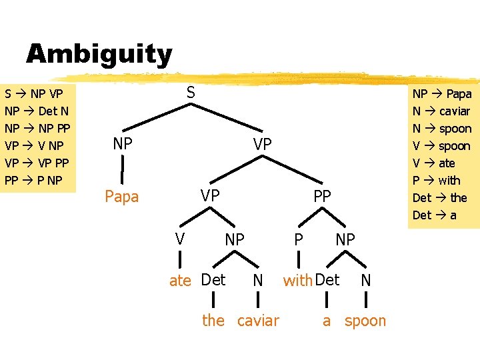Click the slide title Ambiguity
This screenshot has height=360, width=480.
(x=99, y=54)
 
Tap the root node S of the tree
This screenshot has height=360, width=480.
(x=191, y=93)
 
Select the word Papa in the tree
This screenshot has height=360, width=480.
(x=122, y=197)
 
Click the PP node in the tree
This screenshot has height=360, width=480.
(x=323, y=196)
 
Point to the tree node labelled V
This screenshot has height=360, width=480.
(x=179, y=239)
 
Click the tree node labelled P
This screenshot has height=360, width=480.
(x=300, y=239)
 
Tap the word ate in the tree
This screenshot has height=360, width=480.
(x=180, y=281)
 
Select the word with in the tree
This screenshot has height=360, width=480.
(x=298, y=281)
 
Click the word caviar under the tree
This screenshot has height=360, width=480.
(x=258, y=321)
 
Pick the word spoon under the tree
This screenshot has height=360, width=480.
(x=365, y=321)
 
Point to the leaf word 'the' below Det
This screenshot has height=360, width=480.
(x=213, y=321)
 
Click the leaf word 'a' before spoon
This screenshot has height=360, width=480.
(x=327, y=321)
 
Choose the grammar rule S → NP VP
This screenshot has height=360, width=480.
(x=34, y=93)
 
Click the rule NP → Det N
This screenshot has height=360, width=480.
(x=36, y=111)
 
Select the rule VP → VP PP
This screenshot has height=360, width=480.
(x=36, y=163)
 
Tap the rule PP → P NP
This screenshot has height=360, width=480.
(x=33, y=180)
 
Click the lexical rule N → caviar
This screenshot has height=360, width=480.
(x=441, y=111)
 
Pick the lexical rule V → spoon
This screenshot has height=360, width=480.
(x=441, y=146)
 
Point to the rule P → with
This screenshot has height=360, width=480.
(x=437, y=180)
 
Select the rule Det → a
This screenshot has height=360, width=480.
(x=435, y=215)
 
